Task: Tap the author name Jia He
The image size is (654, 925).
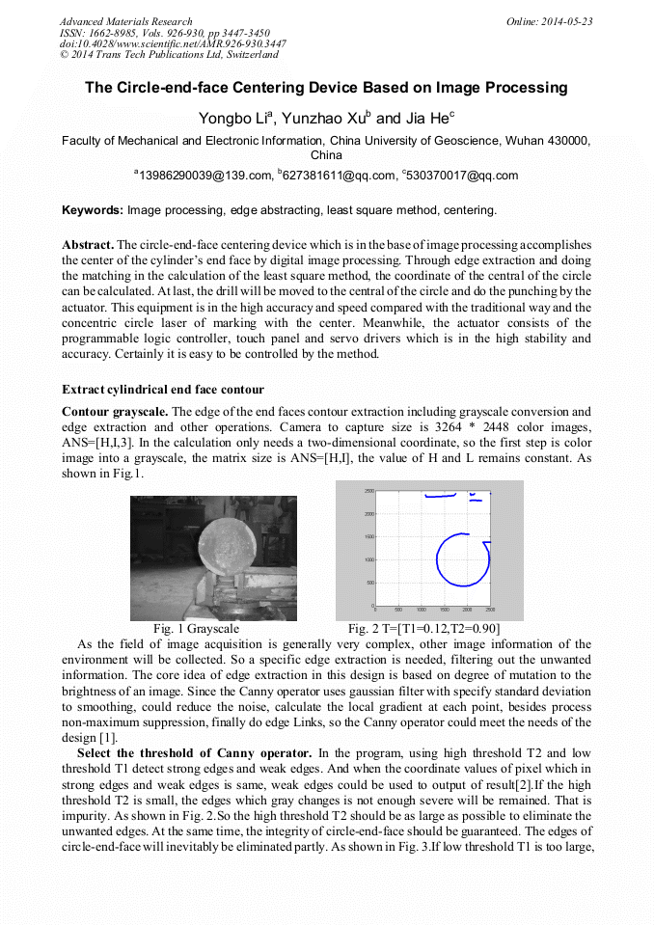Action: pyautogui.click(x=427, y=119)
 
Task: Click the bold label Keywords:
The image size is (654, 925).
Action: pyautogui.click(x=93, y=209)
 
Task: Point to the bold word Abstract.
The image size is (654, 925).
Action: pyautogui.click(x=87, y=246)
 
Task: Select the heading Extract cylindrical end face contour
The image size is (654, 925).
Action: pyautogui.click(x=163, y=390)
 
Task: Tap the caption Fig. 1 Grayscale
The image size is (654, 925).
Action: pyautogui.click(x=196, y=628)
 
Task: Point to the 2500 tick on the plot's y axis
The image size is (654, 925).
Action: pyautogui.click(x=368, y=491)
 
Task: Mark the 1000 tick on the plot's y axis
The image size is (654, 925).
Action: pyautogui.click(x=368, y=559)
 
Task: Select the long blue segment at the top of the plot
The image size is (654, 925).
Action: pyautogui.click(x=440, y=496)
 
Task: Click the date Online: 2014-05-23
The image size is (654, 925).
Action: pyautogui.click(x=549, y=21)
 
